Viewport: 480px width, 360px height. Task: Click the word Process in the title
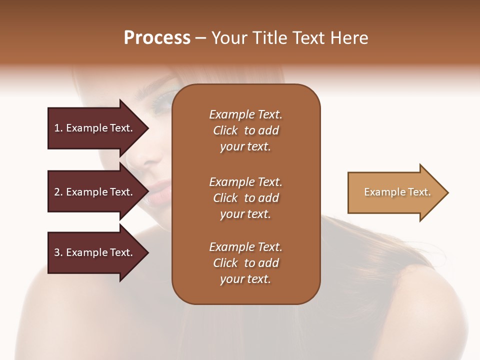pos(157,38)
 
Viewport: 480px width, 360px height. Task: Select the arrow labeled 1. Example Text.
pos(95,128)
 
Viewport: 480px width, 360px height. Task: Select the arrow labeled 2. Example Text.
pos(95,192)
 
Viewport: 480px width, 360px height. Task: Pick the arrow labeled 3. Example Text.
pos(95,252)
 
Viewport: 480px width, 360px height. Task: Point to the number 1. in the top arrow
pos(58,128)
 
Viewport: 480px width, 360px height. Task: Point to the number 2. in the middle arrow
pos(58,192)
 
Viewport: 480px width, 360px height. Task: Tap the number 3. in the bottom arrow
pos(58,252)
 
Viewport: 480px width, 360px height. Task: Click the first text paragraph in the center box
pos(245,130)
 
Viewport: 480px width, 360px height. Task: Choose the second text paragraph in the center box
pos(245,198)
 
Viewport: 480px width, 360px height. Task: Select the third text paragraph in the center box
pos(245,263)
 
